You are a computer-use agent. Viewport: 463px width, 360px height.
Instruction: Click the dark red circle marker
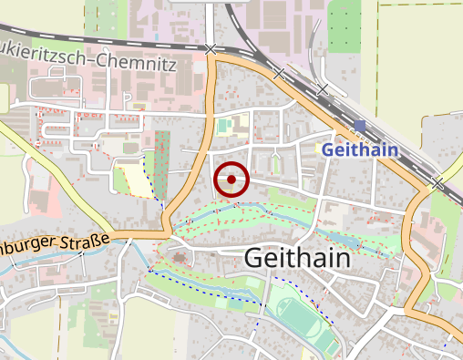tap(231, 180)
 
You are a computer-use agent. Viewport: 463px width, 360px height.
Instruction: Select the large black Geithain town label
tap(297, 259)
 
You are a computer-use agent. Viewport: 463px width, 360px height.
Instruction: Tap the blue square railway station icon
tap(361, 126)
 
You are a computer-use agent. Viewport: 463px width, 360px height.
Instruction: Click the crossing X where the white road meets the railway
tap(211, 48)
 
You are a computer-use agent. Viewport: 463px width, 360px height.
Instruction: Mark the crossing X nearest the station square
tap(322, 88)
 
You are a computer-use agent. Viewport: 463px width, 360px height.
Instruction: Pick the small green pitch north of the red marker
tap(223, 126)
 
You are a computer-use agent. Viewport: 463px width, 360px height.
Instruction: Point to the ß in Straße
tap(94, 241)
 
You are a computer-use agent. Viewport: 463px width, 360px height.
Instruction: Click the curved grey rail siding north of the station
tap(316, 41)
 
